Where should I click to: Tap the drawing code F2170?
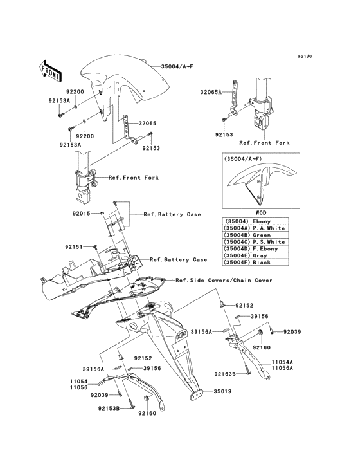click(x=304, y=57)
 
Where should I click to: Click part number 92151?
click(x=74, y=246)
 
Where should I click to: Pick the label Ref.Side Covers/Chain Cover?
click(x=224, y=280)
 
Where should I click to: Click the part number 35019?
click(x=222, y=391)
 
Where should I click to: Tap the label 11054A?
click(x=282, y=362)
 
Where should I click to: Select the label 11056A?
click(x=282, y=369)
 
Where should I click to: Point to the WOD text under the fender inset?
click(x=260, y=212)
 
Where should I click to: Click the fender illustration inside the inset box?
click(x=258, y=187)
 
